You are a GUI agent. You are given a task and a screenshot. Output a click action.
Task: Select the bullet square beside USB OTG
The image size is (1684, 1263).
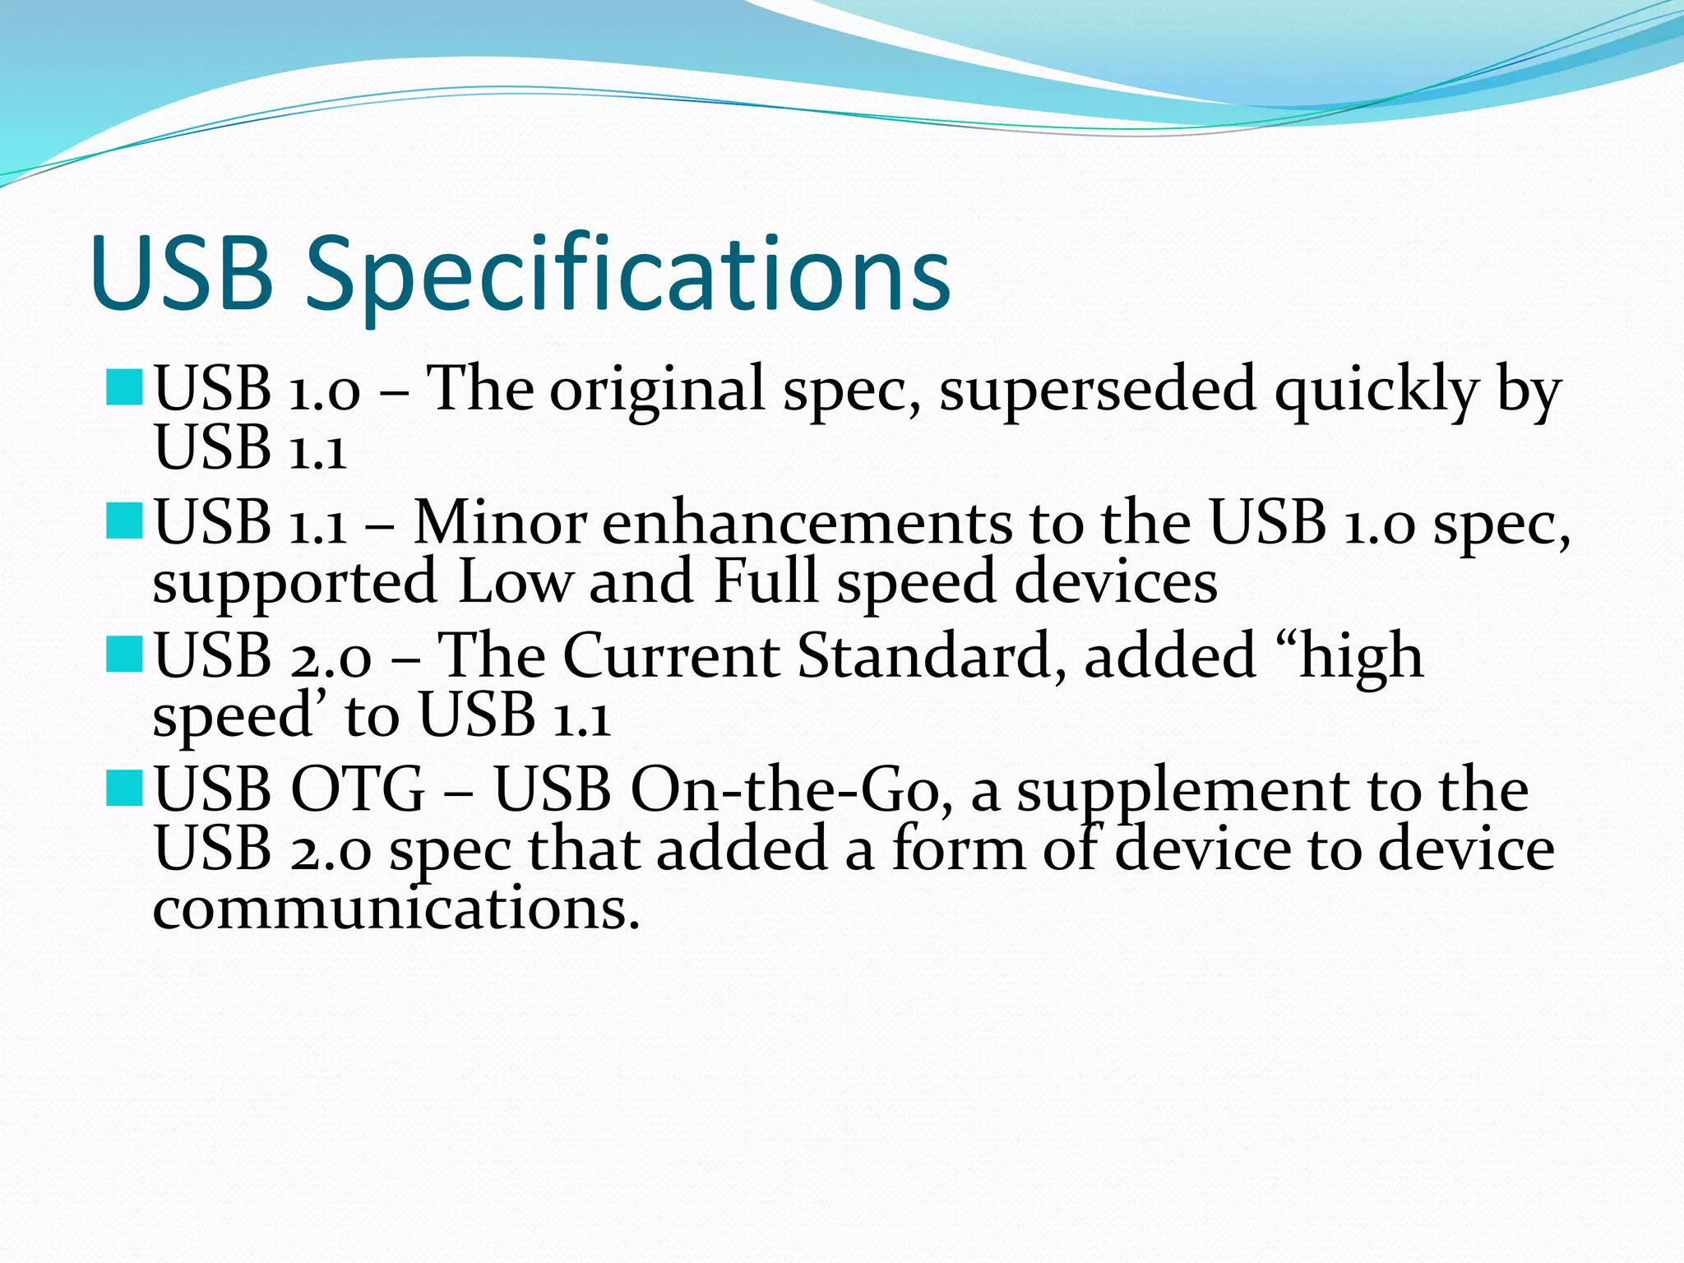click(125, 789)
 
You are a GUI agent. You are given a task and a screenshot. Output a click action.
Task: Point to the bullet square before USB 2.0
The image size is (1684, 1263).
click(125, 655)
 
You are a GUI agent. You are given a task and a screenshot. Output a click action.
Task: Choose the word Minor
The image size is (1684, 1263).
click(499, 523)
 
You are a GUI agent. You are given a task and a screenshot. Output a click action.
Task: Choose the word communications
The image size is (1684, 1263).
click(396, 909)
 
